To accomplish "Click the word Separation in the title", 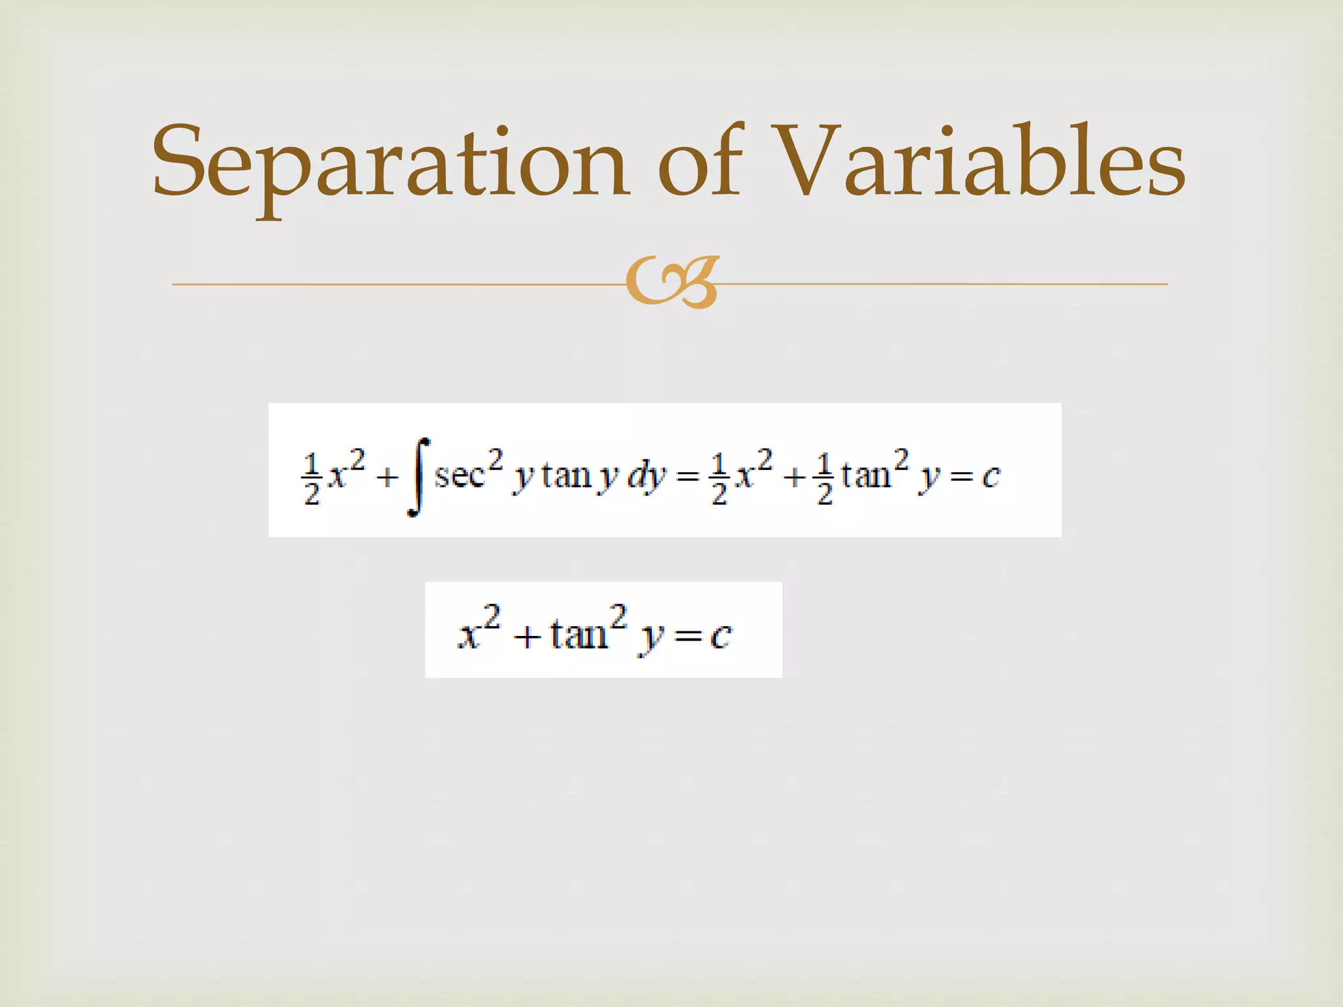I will point(390,164).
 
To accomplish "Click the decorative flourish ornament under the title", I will point(671,283).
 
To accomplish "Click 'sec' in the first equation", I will point(459,475).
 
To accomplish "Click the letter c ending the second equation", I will point(721,635).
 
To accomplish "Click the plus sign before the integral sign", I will point(388,477).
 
